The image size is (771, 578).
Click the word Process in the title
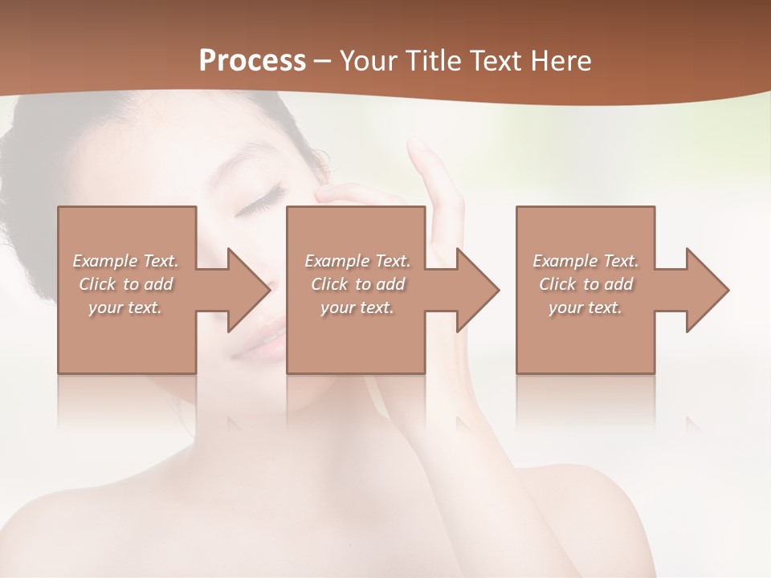pyautogui.click(x=252, y=60)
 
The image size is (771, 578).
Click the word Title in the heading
pyautogui.click(x=434, y=60)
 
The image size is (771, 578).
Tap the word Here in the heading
pyautogui.click(x=562, y=60)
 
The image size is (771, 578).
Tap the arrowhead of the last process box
pyautogui.click(x=706, y=290)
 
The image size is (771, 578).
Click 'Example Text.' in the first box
pyautogui.click(x=125, y=261)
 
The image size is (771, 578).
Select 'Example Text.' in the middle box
pyautogui.click(x=357, y=261)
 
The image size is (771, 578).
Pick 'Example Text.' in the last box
pyautogui.click(x=585, y=261)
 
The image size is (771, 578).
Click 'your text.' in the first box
pyautogui.click(x=125, y=307)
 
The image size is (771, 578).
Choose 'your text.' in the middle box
pyautogui.click(x=357, y=307)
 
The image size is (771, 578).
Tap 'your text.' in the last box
pyautogui.click(x=585, y=307)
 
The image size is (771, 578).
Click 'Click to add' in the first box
pyautogui.click(x=125, y=284)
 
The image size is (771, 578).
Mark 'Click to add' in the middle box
pyautogui.click(x=357, y=284)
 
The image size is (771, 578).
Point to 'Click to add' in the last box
pyautogui.click(x=585, y=284)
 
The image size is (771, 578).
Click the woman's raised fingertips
pyautogui.click(x=418, y=149)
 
